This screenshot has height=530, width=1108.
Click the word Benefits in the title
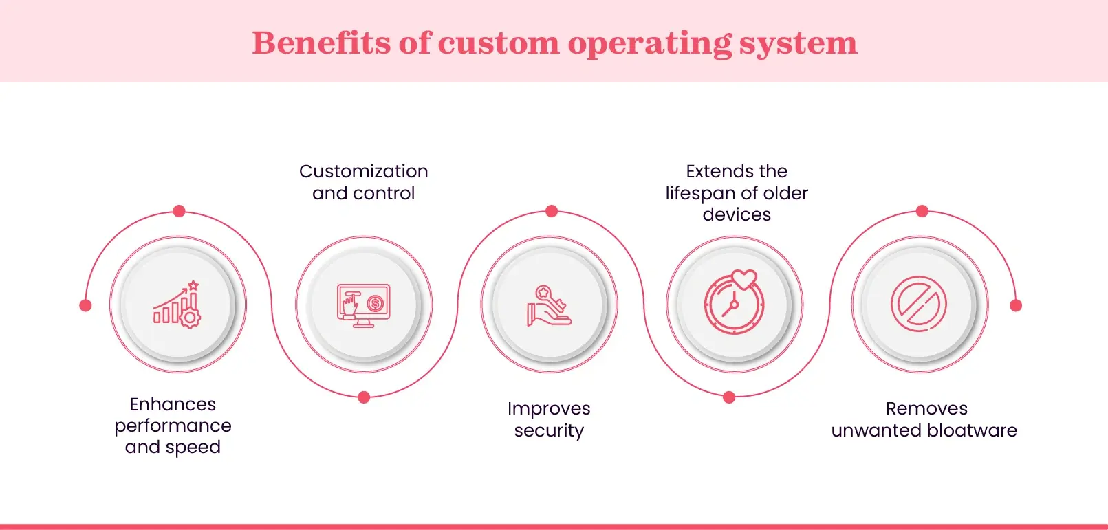coord(321,43)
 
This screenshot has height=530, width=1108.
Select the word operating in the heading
coord(649,44)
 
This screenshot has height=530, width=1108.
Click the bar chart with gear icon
coord(177,305)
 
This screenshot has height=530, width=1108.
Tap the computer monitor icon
coord(363,305)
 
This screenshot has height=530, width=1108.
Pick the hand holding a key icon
coord(549,305)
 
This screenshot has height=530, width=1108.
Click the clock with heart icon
coord(734,304)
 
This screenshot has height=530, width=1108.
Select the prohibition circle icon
coord(919,305)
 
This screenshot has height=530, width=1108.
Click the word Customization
coord(363,171)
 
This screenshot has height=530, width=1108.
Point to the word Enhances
coord(173,404)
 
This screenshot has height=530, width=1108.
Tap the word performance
coord(173,426)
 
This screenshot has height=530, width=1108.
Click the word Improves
coord(549,408)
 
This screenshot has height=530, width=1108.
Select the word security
coord(549,430)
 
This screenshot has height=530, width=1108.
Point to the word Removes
coord(926,408)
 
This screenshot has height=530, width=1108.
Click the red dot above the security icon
coord(552,211)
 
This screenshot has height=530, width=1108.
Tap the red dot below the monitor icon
coord(365,397)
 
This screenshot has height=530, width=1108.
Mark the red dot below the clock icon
coord(730,397)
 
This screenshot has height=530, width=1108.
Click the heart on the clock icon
coord(743,279)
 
